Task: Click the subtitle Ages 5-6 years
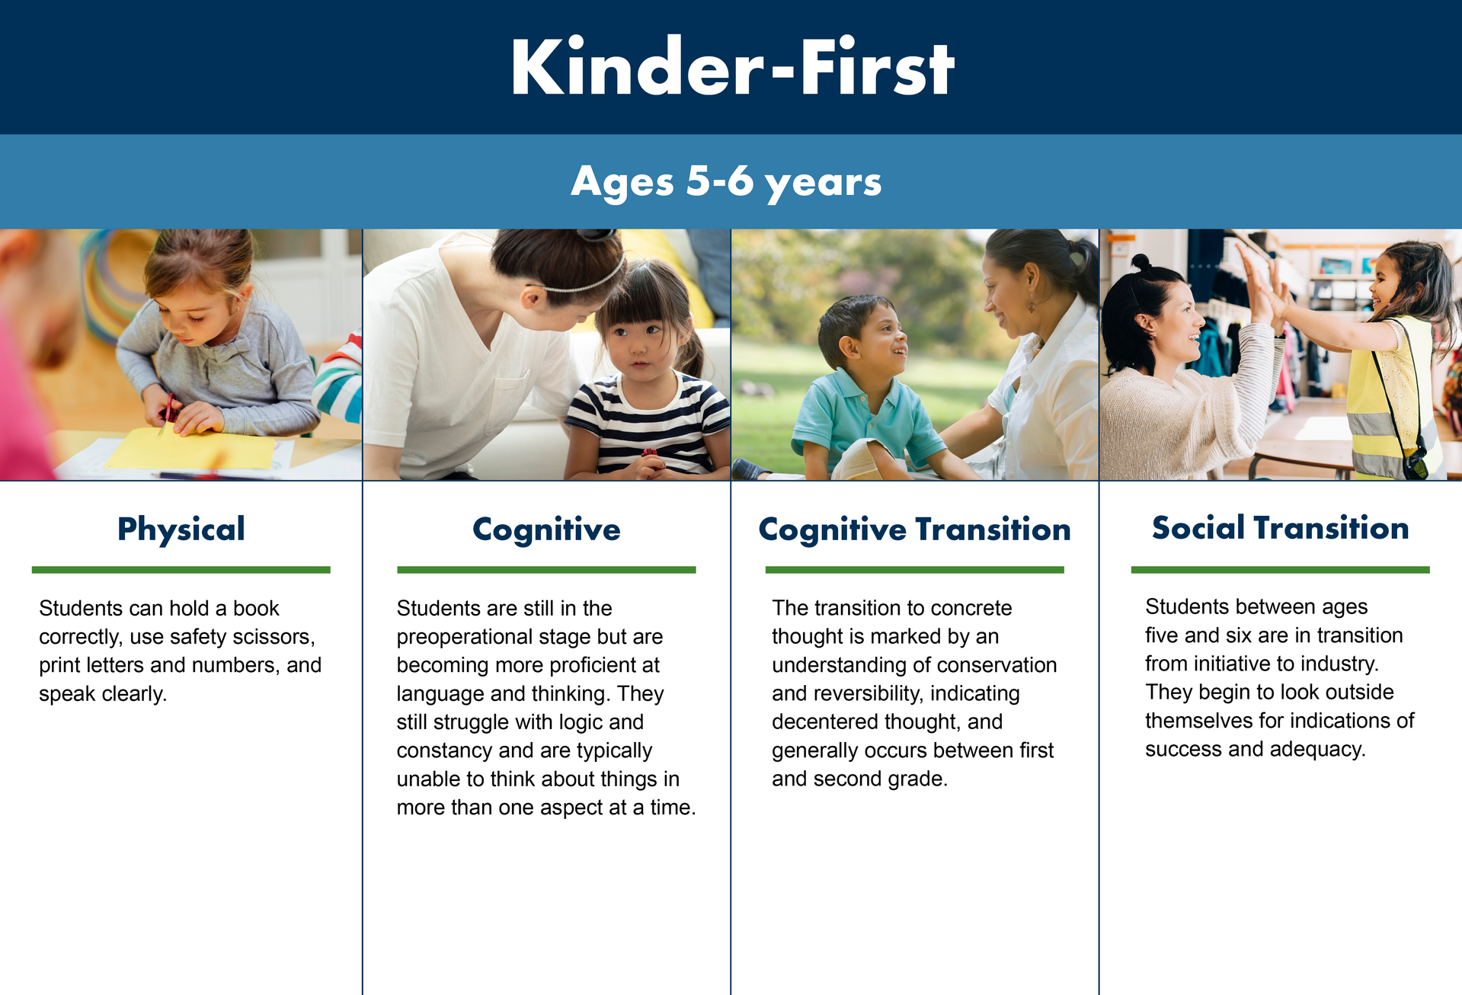pyautogui.click(x=726, y=182)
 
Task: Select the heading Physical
pyautogui.click(x=181, y=529)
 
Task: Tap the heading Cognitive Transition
pyautogui.click(x=914, y=529)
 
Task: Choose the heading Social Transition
pyautogui.click(x=1280, y=528)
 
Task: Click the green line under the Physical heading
pyautogui.click(x=181, y=570)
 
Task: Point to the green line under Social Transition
pyautogui.click(x=1280, y=570)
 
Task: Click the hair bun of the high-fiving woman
pyautogui.click(x=1140, y=263)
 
